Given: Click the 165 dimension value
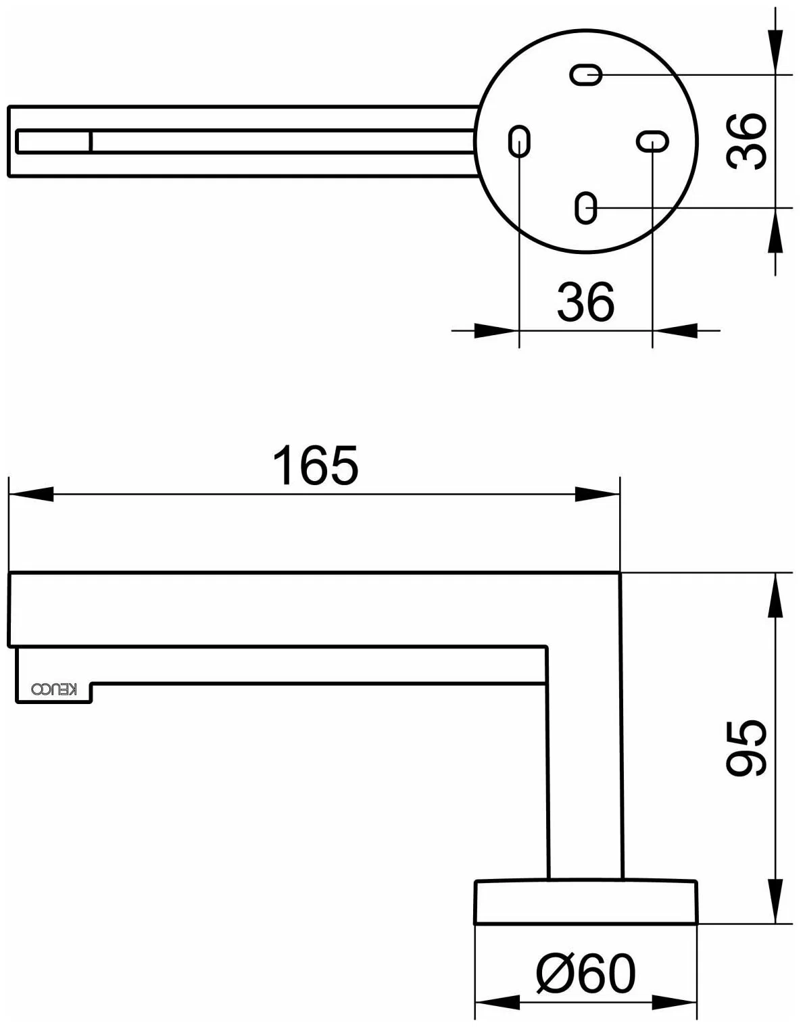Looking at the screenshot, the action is pyautogui.click(x=316, y=465).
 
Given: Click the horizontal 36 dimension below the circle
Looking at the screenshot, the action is pyautogui.click(x=586, y=301).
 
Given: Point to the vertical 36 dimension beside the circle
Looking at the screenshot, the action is pyautogui.click(x=746, y=141).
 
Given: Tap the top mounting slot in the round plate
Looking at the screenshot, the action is pyautogui.click(x=586, y=75).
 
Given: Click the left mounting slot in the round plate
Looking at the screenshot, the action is pyautogui.click(x=519, y=141).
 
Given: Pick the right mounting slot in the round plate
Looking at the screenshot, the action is pyautogui.click(x=653, y=141).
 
